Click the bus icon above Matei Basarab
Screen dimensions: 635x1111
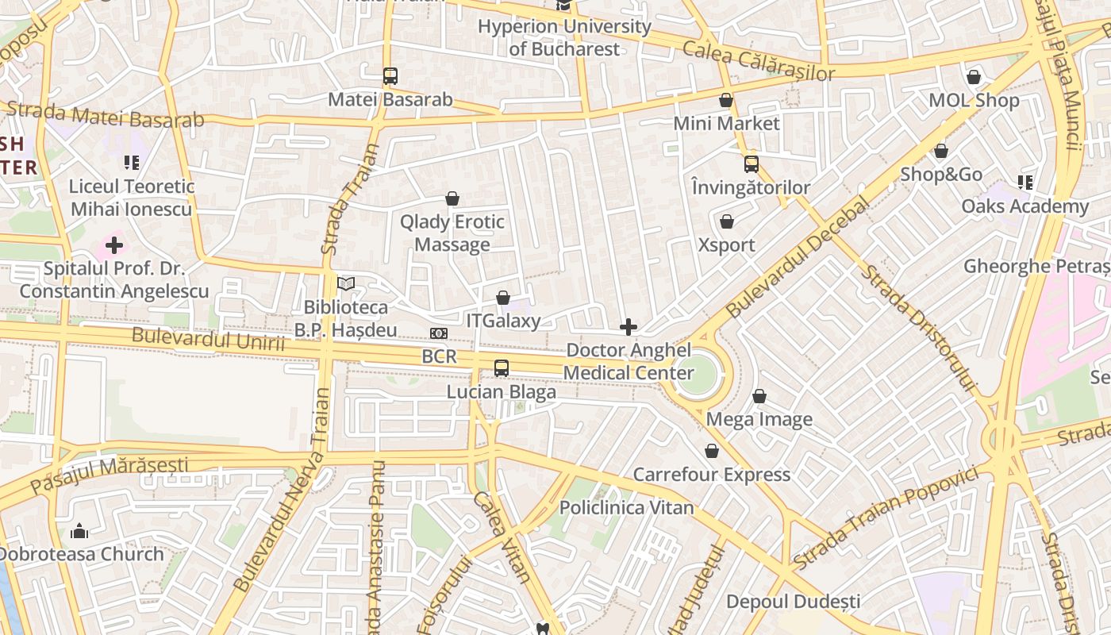pos(390,76)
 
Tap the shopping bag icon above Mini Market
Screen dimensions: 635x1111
pos(726,100)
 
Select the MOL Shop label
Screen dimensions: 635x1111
pos(974,101)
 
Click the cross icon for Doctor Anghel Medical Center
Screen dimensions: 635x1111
pos(629,327)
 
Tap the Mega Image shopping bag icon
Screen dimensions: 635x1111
pos(759,396)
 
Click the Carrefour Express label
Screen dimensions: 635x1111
pos(711,475)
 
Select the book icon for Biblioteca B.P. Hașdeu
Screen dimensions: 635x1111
pos(346,283)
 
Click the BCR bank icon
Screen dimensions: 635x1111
pos(439,333)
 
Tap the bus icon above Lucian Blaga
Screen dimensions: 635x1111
pos(501,368)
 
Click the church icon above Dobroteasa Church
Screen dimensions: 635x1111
pos(79,530)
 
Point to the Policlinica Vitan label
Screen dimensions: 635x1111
pos(627,507)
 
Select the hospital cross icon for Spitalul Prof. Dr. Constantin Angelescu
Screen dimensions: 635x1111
pos(114,245)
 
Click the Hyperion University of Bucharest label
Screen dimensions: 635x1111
pos(564,37)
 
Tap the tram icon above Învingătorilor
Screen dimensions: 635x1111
pos(751,164)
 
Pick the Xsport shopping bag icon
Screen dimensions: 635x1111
pos(726,221)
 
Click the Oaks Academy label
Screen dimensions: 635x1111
pos(1025,206)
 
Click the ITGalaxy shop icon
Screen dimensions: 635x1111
pos(502,298)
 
